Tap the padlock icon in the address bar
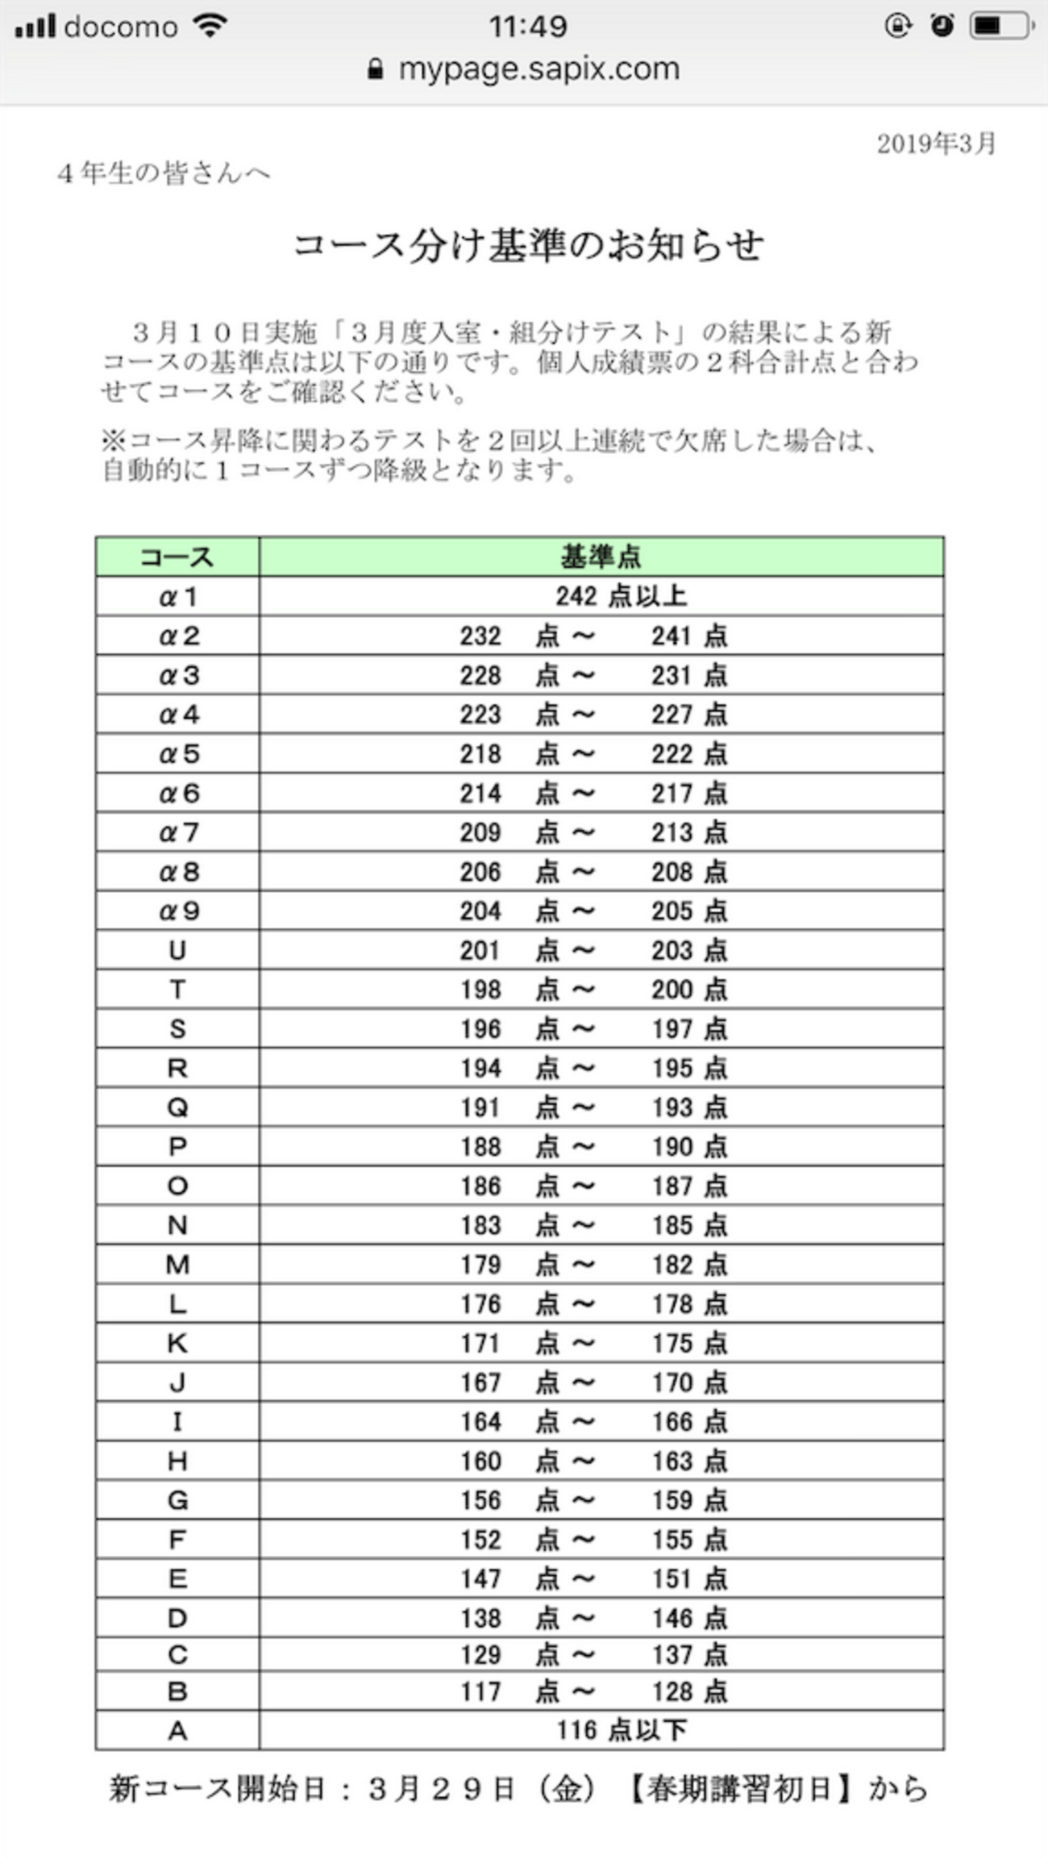coord(375,69)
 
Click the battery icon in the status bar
coord(1000,27)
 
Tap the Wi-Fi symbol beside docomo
coord(210,27)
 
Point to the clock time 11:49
coord(528,27)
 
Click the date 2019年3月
coord(937,144)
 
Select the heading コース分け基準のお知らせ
coord(528,245)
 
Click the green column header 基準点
coord(601,557)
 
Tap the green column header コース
coord(177,557)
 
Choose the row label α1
coord(177,597)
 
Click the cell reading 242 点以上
coord(621,597)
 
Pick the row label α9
coord(177,911)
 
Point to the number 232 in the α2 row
coord(480,636)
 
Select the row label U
coord(177,951)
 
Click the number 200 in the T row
coord(672,990)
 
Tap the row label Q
coord(177,1108)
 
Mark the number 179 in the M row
coord(480,1266)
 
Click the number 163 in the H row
coord(672,1462)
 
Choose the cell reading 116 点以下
coord(621,1730)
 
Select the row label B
coord(177,1691)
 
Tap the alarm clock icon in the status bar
coord(942,27)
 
